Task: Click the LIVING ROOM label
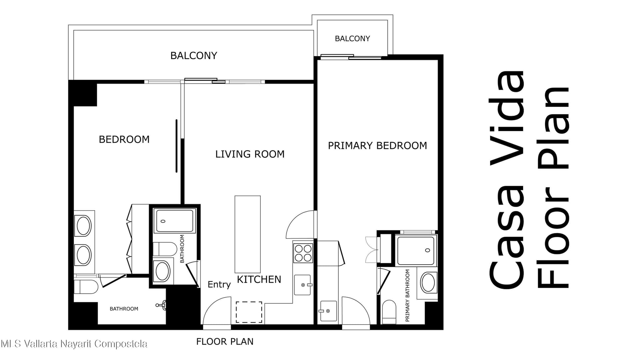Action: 250,154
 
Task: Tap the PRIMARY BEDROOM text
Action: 377,146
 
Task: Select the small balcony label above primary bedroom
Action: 352,39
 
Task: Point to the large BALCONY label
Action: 194,55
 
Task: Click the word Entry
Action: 219,284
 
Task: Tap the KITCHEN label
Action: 259,279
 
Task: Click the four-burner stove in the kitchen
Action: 303,253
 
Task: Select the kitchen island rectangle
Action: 248,234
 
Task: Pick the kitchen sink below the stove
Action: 303,285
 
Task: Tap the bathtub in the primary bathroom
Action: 416,250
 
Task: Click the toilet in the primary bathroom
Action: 389,312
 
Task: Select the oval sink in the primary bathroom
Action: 428,282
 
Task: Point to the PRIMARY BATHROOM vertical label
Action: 407,295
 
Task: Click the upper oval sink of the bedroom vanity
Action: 84,226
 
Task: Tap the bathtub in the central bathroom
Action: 175,221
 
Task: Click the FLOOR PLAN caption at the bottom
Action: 225,342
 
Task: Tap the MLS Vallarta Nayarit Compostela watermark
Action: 74,344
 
